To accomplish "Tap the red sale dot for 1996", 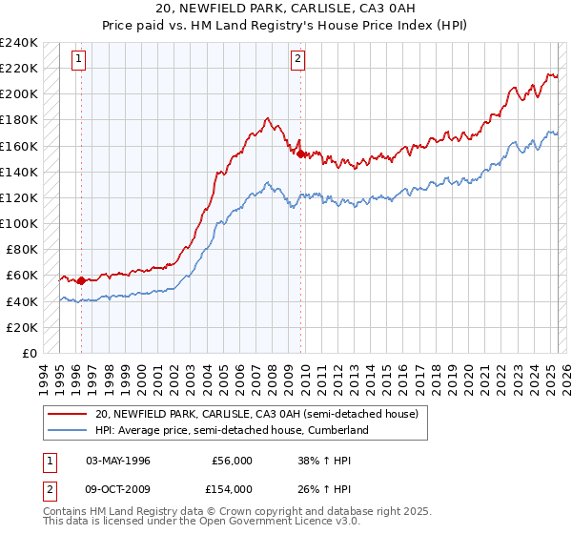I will click(81, 280).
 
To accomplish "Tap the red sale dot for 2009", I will click(300, 154).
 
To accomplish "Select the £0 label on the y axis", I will click(29, 353).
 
